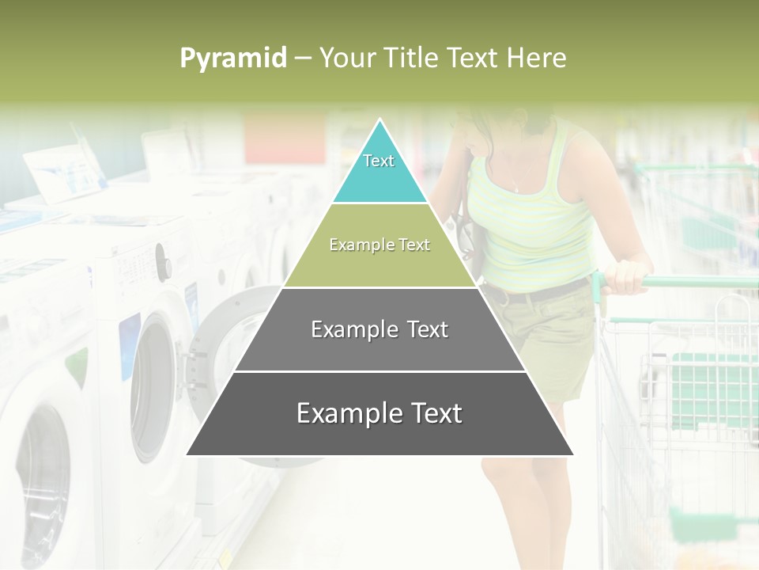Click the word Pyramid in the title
[x=233, y=59]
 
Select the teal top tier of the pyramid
[x=379, y=170]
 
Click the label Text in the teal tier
[x=379, y=161]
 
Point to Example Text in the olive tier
[x=379, y=245]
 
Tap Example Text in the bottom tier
[x=379, y=413]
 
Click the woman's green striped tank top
[x=538, y=222]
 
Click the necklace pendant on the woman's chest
[x=515, y=189]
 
